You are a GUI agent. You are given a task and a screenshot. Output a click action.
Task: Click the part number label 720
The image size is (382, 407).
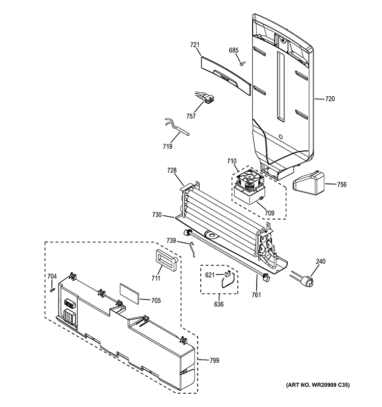click(x=330, y=99)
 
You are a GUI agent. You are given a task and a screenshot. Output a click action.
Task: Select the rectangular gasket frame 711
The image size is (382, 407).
click(x=166, y=261)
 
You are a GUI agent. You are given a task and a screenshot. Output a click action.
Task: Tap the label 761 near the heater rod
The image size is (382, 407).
click(x=258, y=294)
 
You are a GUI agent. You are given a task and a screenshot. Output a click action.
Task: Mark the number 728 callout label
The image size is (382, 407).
click(x=173, y=170)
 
